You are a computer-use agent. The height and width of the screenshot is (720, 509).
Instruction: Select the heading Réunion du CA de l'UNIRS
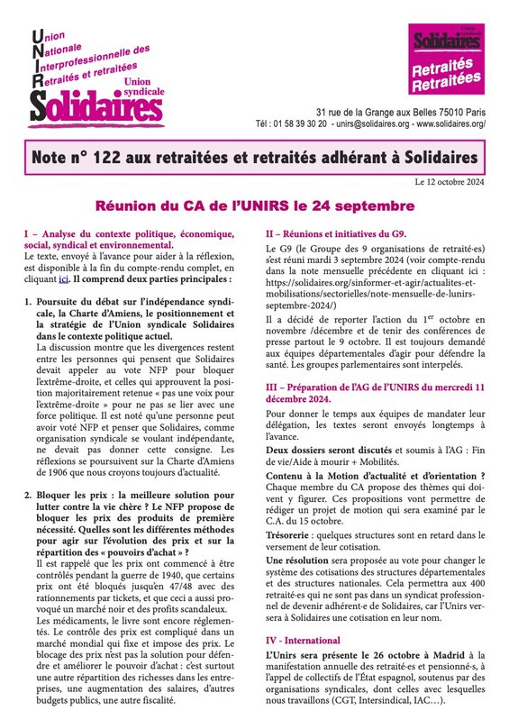(254, 205)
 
